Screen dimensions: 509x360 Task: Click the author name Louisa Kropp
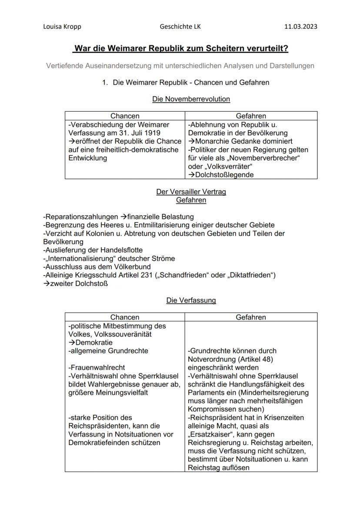(x=62, y=27)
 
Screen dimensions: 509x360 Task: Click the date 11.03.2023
(x=300, y=27)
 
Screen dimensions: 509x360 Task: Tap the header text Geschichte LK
(x=180, y=27)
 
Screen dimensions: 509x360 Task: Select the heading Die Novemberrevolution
(x=191, y=99)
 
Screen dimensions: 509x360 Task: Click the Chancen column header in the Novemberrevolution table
(x=125, y=116)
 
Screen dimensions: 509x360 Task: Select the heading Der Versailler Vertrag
(x=191, y=192)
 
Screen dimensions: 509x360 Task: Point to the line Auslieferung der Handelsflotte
(x=93, y=250)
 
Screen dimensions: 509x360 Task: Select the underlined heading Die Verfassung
(x=191, y=300)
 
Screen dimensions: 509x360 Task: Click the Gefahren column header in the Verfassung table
(x=251, y=317)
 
